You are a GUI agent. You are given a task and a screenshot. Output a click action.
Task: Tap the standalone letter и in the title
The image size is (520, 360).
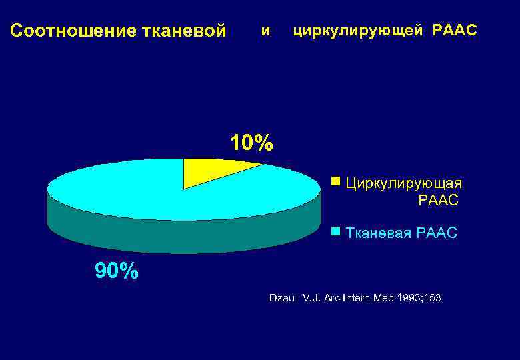click(x=266, y=31)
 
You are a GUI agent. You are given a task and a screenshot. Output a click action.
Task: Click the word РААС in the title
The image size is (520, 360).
click(x=455, y=31)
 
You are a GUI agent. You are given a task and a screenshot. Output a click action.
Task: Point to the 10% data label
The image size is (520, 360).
click(x=251, y=143)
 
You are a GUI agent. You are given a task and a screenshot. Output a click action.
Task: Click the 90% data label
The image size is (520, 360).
click(x=117, y=271)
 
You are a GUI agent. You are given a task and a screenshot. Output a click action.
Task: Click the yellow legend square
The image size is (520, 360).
click(x=335, y=181)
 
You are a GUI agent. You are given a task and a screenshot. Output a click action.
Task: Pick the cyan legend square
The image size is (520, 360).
click(x=335, y=231)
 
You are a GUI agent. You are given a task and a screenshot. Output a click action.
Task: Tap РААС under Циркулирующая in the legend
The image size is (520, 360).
click(x=438, y=199)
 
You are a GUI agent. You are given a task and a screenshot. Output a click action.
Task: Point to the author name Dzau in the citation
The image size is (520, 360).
click(x=281, y=297)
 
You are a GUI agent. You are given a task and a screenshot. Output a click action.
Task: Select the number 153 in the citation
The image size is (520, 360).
click(x=431, y=297)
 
